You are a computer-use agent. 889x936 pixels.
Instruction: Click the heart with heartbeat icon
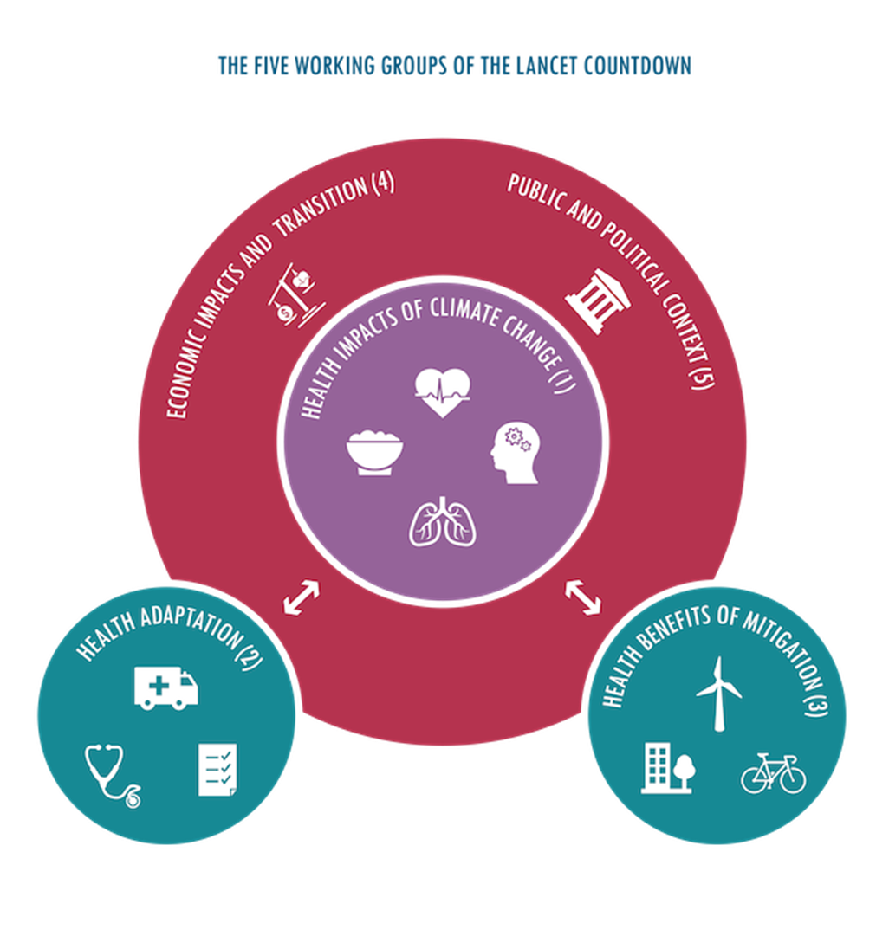[x=442, y=392]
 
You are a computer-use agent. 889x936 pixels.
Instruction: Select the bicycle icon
[x=773, y=772]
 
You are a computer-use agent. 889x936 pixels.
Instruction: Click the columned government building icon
[x=598, y=300]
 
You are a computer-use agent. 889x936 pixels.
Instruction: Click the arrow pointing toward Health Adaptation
[x=302, y=598]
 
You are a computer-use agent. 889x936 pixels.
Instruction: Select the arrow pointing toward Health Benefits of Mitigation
[x=583, y=597]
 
